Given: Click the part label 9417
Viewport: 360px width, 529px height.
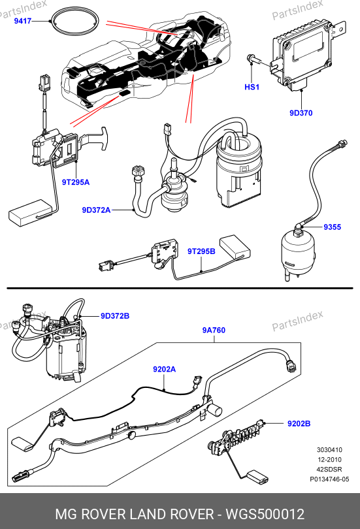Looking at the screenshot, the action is tap(23, 21).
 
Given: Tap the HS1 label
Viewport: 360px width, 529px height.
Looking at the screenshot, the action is tap(252, 87).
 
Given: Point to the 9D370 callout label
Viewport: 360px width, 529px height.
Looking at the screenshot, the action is tap(301, 113).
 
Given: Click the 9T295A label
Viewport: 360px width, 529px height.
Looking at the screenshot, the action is tap(76, 182).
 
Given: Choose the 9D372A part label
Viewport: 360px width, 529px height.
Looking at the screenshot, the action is tap(96, 210).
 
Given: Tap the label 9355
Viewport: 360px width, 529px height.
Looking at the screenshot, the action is tap(333, 227).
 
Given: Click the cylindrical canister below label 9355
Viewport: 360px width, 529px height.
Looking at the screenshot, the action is tap(298, 251).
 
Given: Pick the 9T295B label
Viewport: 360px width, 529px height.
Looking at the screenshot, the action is tap(201, 251).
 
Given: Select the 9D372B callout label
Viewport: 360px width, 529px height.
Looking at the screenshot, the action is tap(115, 316).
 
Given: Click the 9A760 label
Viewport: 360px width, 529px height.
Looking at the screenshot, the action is tap(214, 330).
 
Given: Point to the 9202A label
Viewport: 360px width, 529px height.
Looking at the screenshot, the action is tap(164, 370).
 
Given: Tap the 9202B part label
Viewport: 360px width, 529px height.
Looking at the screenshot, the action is tap(299, 423).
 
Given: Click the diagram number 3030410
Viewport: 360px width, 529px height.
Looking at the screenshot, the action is tap(329, 450).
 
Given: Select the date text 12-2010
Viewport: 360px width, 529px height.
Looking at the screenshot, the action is tap(329, 460).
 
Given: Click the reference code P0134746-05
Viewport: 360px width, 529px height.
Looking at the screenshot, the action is tap(329, 479).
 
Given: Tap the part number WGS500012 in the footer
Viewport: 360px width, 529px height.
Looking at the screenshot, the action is tap(265, 514).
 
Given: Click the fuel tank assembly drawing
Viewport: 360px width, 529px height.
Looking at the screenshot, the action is tap(147, 63).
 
